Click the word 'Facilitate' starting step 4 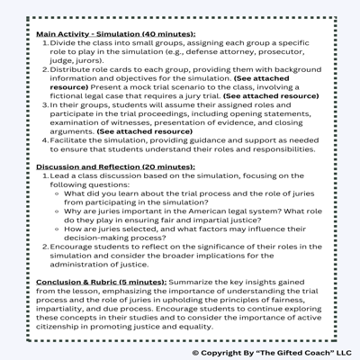(x=67, y=140)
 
